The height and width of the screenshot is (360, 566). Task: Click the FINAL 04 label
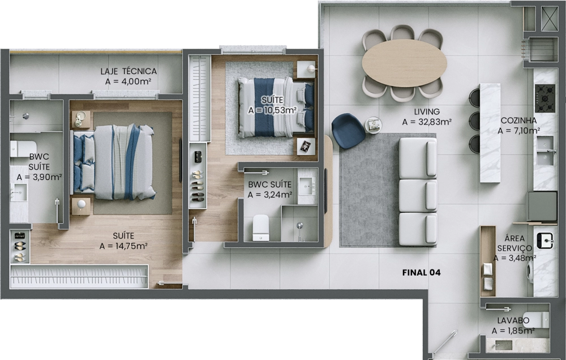pyautogui.click(x=421, y=273)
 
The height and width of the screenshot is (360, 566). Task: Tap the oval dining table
pyautogui.click(x=404, y=63)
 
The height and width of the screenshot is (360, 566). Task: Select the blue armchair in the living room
pyautogui.click(x=348, y=131)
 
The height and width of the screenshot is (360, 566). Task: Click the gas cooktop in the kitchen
pyautogui.click(x=545, y=98)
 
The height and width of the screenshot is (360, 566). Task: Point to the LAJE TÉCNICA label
pyautogui.click(x=128, y=71)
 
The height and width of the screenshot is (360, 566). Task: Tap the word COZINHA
pyautogui.click(x=518, y=121)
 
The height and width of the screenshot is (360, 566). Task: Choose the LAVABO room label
pyautogui.click(x=513, y=320)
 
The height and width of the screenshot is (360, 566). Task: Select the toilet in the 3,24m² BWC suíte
pyautogui.click(x=260, y=228)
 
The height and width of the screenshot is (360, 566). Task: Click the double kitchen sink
pyautogui.click(x=545, y=151)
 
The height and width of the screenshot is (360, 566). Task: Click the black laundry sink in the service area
pyautogui.click(x=545, y=241)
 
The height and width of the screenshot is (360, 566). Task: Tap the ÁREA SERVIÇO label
pyautogui.click(x=514, y=243)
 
